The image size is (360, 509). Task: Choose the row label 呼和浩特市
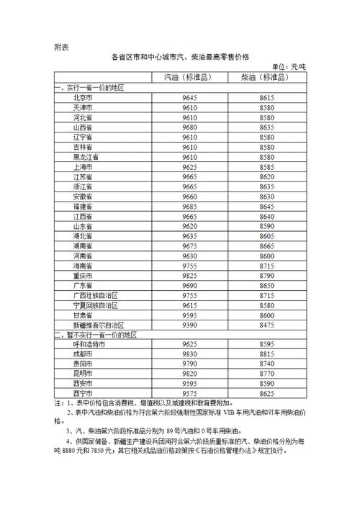85,345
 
